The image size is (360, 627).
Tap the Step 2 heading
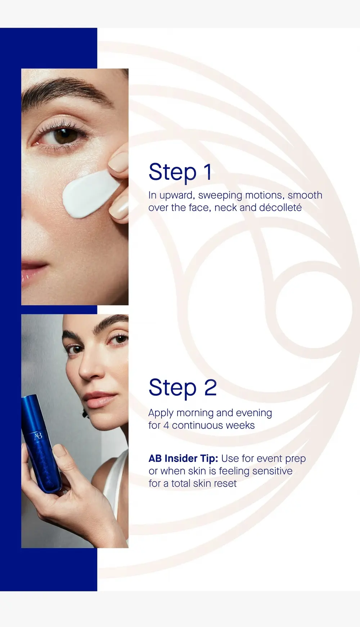tap(183, 388)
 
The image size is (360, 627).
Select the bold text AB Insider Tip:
tap(183, 459)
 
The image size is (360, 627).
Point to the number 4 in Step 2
tap(166, 425)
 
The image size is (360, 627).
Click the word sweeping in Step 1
tap(220, 195)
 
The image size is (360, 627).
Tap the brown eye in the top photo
tap(65, 136)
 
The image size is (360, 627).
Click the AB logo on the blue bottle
tap(38, 436)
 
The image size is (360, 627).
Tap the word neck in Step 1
tap(225, 208)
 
